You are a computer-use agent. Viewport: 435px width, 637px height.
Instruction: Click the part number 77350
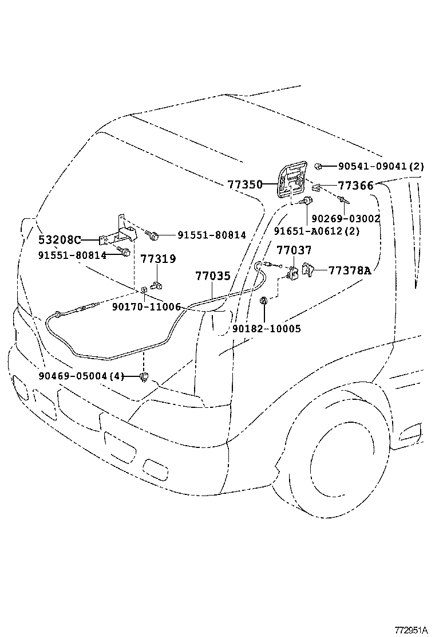pos(244,185)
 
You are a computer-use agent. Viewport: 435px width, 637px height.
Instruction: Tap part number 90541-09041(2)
pos(381,167)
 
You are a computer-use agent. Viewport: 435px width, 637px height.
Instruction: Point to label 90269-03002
pos(346,218)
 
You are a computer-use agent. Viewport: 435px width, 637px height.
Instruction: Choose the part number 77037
pos(294,250)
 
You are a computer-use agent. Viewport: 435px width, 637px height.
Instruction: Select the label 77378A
pos(350,270)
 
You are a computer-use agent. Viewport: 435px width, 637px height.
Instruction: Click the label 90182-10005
pos(267,329)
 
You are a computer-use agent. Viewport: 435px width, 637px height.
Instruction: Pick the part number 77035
pos(212,276)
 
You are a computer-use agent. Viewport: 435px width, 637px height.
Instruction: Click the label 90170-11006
pos(146,307)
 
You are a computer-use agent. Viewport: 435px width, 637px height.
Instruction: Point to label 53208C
pos(60,240)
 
